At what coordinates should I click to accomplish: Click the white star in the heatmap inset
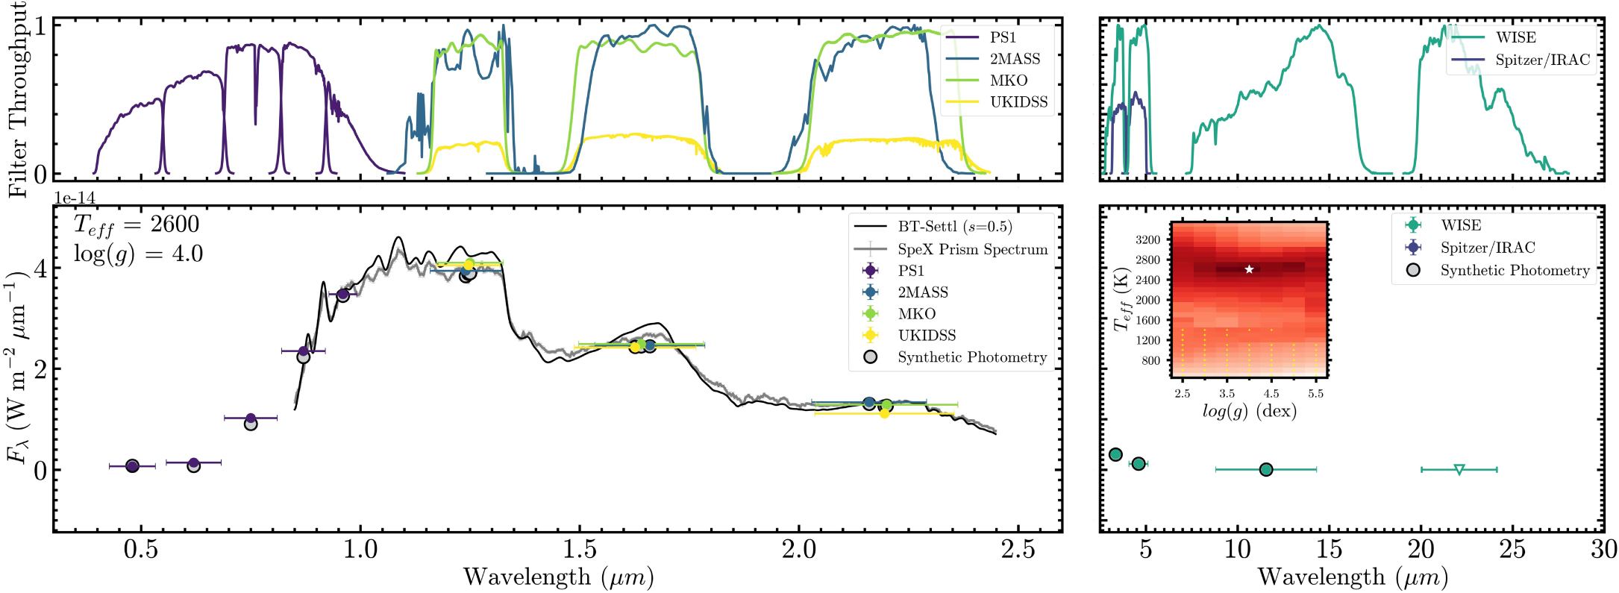click(1249, 269)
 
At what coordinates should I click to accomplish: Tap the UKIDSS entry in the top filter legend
click(996, 102)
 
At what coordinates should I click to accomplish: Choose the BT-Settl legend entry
click(933, 227)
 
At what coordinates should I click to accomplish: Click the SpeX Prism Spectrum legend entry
click(951, 249)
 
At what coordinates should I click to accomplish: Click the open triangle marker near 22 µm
click(1459, 470)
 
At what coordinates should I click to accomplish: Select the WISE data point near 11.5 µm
click(1266, 470)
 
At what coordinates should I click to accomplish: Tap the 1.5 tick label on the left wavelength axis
click(580, 550)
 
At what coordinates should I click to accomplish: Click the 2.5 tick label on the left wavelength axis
click(1018, 550)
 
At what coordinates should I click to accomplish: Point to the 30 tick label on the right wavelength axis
click(1603, 550)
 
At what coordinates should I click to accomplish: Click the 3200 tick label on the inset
click(1148, 240)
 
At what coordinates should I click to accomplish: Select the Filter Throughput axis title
click(16, 98)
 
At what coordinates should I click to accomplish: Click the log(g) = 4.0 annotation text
click(138, 254)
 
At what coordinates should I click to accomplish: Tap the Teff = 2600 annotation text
click(137, 225)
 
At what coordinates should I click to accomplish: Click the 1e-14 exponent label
click(75, 198)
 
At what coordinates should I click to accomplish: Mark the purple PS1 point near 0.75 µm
click(251, 418)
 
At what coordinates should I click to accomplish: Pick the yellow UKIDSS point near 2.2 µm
click(884, 413)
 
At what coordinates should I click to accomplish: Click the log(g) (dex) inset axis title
click(1249, 411)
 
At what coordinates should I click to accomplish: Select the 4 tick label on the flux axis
click(40, 268)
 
